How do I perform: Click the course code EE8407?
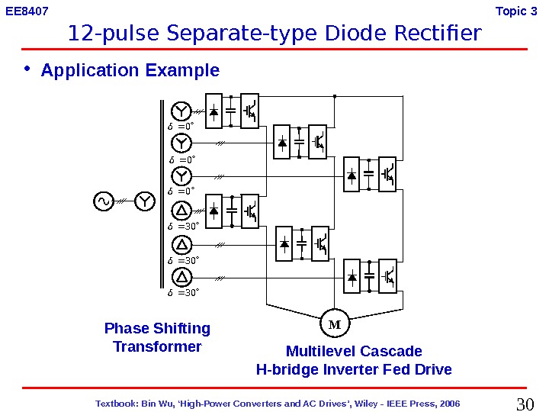(x=27, y=11)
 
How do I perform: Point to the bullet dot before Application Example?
(x=28, y=69)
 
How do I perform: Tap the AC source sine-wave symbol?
(x=102, y=201)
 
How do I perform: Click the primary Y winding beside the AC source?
(x=145, y=201)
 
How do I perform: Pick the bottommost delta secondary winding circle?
(x=181, y=278)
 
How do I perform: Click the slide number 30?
(x=526, y=403)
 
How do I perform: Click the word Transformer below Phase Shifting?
(x=157, y=347)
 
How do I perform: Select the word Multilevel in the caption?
(x=320, y=352)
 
